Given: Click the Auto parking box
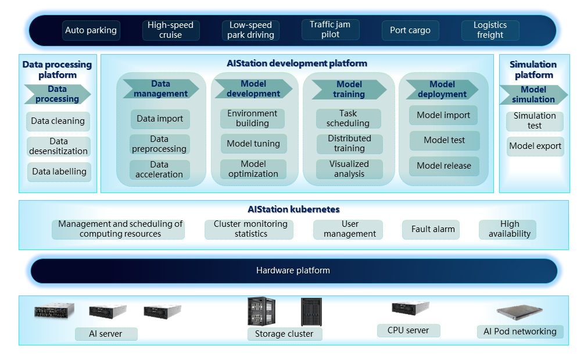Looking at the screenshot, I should click(x=91, y=30).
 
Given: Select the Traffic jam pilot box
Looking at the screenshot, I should click(x=330, y=30).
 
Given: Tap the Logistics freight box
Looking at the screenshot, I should click(x=490, y=30).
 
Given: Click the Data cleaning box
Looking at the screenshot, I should click(x=58, y=122).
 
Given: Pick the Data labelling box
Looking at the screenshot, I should click(x=59, y=172).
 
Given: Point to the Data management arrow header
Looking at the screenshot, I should click(x=160, y=89).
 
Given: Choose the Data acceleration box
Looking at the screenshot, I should click(x=159, y=169).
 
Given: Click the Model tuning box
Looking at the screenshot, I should click(x=253, y=144).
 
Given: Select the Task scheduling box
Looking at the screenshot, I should click(x=348, y=119).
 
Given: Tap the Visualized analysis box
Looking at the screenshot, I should click(x=349, y=169).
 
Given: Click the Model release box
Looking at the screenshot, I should click(x=444, y=166).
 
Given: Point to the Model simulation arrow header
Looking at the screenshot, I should click(x=533, y=94).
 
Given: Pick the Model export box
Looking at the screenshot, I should click(x=535, y=146).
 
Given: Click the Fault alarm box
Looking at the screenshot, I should click(x=433, y=229).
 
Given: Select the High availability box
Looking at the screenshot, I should click(x=509, y=229).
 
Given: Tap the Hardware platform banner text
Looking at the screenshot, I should click(x=293, y=270).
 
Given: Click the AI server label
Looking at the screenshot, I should click(x=106, y=334).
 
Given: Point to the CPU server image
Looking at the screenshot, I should click(x=410, y=308).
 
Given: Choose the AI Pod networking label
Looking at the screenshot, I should click(x=520, y=332).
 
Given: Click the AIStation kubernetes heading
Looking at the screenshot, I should click(x=293, y=209).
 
